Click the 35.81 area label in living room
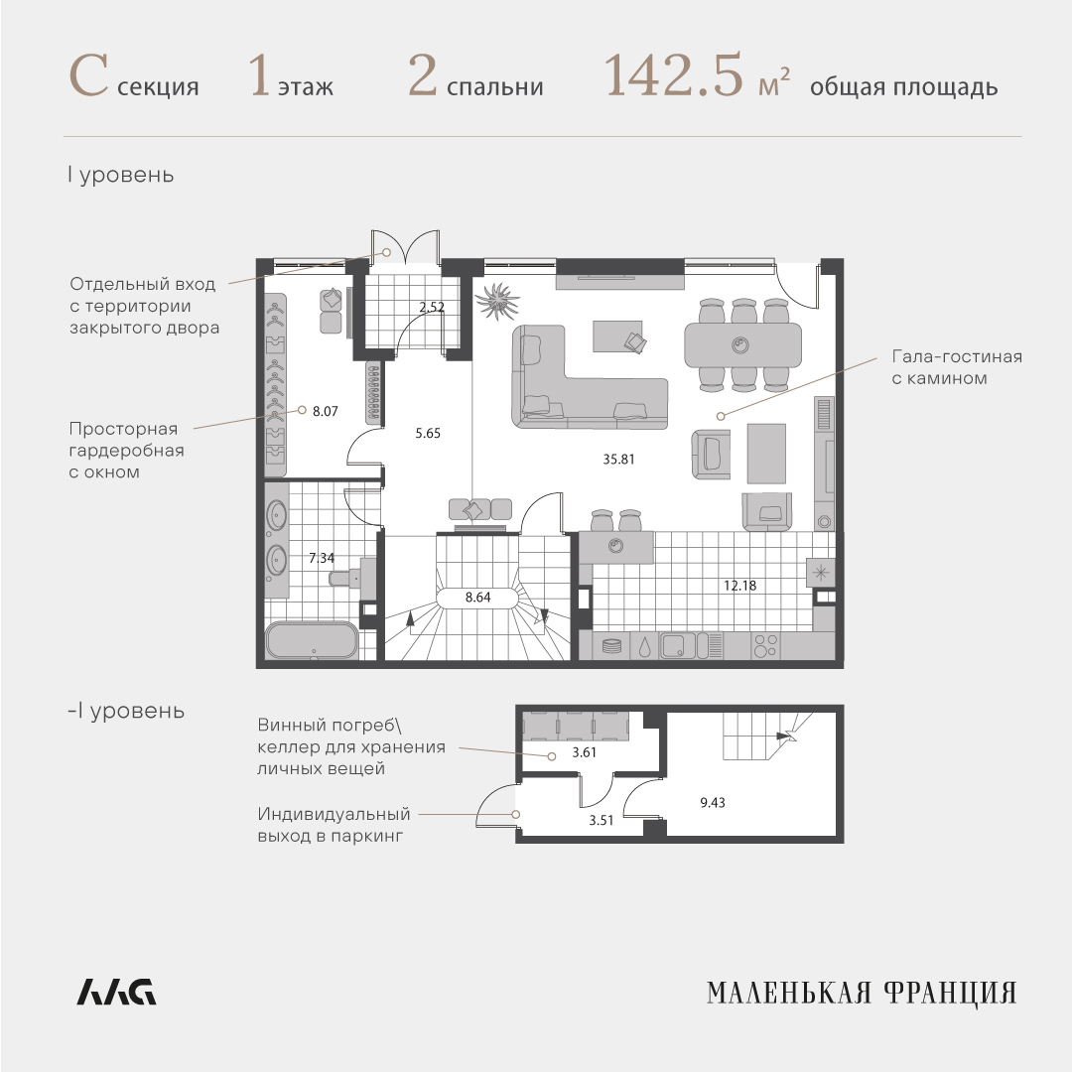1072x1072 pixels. (x=618, y=460)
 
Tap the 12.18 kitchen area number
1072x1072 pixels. (x=739, y=586)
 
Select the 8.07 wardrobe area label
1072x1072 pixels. (x=326, y=412)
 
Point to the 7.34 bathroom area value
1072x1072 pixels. (x=322, y=558)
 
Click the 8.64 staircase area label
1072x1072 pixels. (x=477, y=598)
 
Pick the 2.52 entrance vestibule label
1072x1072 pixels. (x=432, y=307)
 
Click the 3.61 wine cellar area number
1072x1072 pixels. (x=585, y=752)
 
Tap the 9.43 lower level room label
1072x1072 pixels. (x=713, y=803)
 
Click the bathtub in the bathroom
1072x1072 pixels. (x=312, y=640)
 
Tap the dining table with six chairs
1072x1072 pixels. (x=743, y=345)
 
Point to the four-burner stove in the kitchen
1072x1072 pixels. (x=765, y=646)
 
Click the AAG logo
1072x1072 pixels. (x=116, y=992)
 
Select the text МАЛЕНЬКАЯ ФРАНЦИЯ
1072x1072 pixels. (x=862, y=994)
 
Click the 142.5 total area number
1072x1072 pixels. (x=673, y=75)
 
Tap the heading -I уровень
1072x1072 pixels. (x=126, y=711)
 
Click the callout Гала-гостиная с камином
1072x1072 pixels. (x=957, y=367)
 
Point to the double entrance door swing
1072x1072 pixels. (x=405, y=247)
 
